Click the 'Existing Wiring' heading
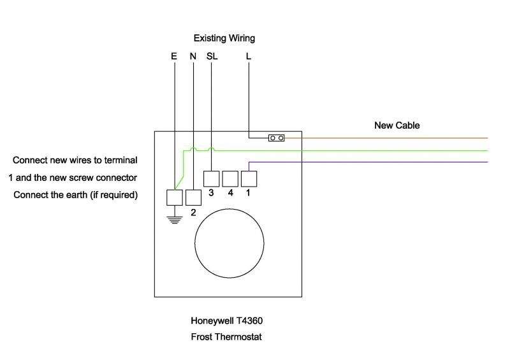(224, 38)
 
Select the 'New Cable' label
(397, 126)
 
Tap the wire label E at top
(174, 56)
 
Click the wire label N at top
(193, 56)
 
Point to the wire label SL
(212, 56)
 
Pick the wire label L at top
(248, 56)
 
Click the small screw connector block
(276, 138)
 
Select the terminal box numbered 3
(211, 178)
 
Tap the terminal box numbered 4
(229, 178)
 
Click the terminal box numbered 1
(248, 178)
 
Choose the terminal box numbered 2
(193, 197)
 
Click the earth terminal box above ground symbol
(174, 197)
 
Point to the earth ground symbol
(174, 220)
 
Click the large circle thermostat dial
(229, 244)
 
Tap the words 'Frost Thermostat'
(226, 336)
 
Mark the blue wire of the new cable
(382, 162)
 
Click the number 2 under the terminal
(193, 212)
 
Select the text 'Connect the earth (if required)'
(75, 194)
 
